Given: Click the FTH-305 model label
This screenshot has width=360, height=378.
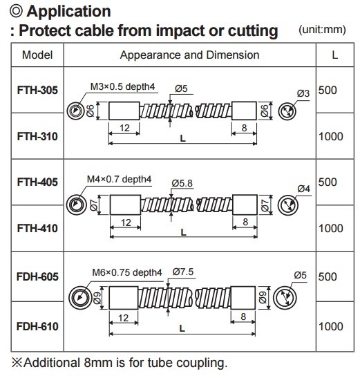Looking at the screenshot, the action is (37, 90).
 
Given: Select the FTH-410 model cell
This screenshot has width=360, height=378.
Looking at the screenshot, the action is (37, 228).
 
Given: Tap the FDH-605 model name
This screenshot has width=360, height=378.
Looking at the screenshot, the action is (37, 276).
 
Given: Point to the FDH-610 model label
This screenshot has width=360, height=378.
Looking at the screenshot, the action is (37, 326).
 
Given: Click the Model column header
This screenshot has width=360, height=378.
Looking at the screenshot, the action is (37, 55).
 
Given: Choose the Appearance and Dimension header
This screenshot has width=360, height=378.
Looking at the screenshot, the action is (189, 55).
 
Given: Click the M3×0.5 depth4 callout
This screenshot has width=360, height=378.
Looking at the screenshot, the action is (122, 86).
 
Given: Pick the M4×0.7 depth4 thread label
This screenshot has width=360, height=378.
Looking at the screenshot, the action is (119, 179).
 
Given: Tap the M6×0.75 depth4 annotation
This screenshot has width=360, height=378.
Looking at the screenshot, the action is (127, 272).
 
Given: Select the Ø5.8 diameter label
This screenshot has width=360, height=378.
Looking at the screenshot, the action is (182, 183).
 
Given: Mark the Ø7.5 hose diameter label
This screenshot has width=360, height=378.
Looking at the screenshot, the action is (183, 272).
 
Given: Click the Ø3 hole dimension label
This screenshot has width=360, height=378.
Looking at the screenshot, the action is (303, 93).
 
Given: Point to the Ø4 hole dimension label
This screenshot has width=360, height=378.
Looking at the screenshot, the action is (303, 189).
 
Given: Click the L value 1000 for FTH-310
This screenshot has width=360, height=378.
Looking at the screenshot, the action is (331, 136).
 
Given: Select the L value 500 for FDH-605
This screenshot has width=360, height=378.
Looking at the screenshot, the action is (328, 276).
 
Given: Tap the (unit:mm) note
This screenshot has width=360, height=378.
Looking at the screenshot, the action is (322, 30).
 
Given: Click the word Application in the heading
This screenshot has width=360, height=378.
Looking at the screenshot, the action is (68, 12).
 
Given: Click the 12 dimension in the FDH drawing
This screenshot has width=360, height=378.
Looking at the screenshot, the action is (123, 318).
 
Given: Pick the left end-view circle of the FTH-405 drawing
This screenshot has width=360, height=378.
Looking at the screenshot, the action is (76, 205).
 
